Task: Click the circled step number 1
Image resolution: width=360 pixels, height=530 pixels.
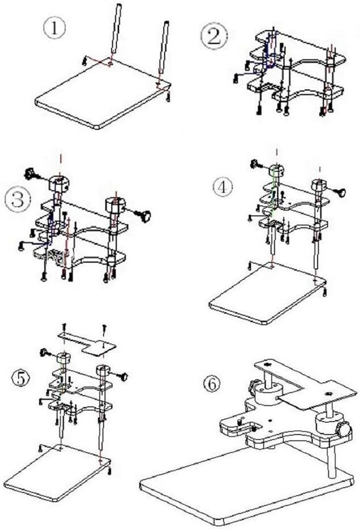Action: coord(54,29)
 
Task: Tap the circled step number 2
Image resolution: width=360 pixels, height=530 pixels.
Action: coord(214,37)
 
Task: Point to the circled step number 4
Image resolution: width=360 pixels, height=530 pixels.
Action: coord(223,187)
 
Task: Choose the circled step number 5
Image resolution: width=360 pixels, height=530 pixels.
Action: coord(21,378)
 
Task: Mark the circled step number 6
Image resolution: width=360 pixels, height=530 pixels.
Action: coord(212,384)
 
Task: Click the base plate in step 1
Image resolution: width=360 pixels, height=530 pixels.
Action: coord(103,93)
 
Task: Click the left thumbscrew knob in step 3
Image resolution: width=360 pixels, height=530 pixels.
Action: coord(31,174)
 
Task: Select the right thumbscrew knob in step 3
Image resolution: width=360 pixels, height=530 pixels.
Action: coord(144,216)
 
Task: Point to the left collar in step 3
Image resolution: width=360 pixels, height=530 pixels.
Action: coord(58,184)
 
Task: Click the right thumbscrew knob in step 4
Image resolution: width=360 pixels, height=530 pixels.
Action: coord(341,192)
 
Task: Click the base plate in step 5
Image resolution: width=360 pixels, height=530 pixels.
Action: coord(57,473)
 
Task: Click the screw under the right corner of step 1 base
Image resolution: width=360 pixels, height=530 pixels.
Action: coord(168,97)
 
